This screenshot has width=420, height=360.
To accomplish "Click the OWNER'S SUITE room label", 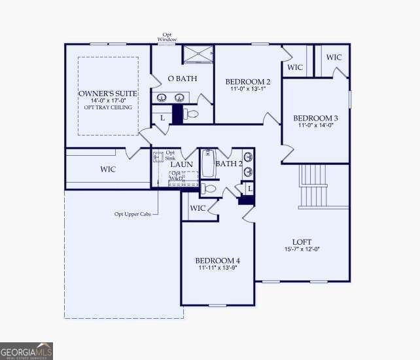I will (x=108, y=94).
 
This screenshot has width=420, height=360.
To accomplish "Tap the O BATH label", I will (x=179, y=79).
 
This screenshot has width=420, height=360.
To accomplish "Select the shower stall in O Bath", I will (x=197, y=54).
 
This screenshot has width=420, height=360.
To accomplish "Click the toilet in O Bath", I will (x=190, y=114).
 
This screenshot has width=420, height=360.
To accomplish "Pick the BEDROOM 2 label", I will (x=248, y=82).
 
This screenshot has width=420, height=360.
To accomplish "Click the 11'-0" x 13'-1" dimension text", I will (x=248, y=90).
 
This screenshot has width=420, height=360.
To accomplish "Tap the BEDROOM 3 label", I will (x=315, y=118).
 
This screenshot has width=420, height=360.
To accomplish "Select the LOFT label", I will (x=302, y=241).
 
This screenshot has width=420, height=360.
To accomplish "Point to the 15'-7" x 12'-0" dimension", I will (x=302, y=249).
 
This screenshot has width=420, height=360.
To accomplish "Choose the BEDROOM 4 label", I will (x=217, y=260).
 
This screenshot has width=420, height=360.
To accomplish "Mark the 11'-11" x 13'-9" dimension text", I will (x=217, y=268).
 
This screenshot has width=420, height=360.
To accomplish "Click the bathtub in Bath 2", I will (x=207, y=164).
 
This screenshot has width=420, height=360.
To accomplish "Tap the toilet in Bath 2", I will (x=209, y=189).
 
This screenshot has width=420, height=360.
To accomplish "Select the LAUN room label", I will (x=181, y=164).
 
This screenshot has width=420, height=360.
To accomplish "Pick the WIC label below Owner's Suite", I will (x=108, y=170).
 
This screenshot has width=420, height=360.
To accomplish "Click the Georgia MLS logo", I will (x=26, y=351).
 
